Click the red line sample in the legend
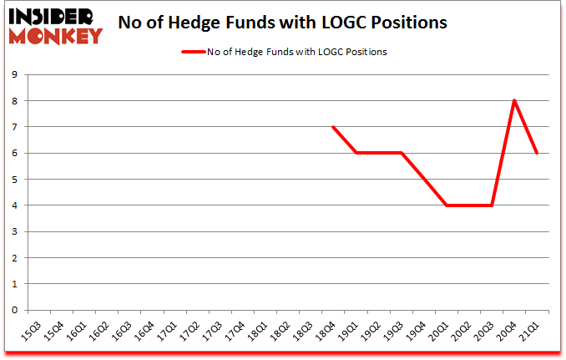click(x=194, y=52)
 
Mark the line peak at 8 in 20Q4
click(x=514, y=100)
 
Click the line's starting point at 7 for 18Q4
click(x=332, y=127)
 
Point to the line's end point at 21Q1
click(x=538, y=153)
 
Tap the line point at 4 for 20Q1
click(x=447, y=205)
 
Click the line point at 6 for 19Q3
click(x=401, y=153)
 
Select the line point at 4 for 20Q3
click(x=492, y=205)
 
